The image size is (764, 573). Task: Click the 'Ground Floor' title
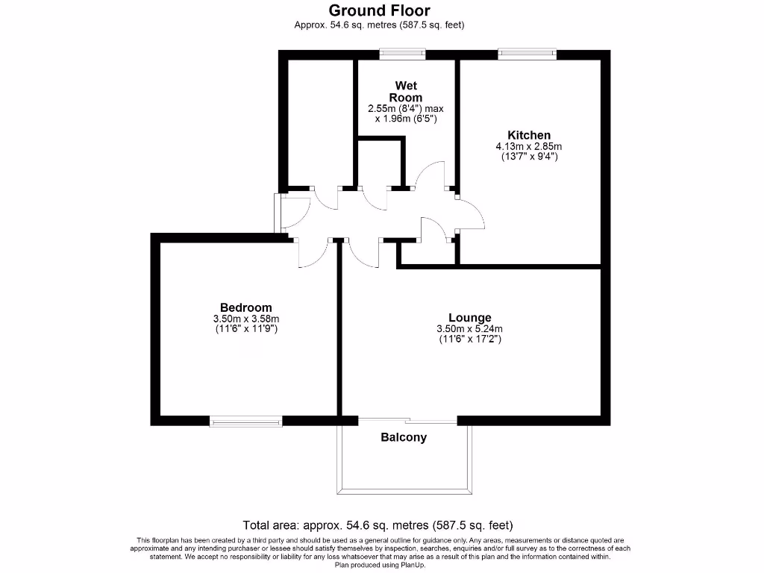[379, 10]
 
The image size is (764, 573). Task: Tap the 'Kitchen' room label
[529, 135]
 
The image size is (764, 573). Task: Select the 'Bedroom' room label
[245, 307]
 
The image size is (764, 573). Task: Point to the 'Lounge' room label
[469, 317]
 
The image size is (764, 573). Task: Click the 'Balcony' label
[404, 437]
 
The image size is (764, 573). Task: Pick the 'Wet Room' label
[405, 92]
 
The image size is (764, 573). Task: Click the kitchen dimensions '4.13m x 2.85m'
[529, 146]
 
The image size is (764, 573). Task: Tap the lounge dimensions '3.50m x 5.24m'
[469, 329]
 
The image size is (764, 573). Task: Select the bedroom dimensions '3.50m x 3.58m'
[245, 319]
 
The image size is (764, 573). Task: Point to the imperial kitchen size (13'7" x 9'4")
[529, 157]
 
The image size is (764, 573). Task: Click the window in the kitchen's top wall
[527, 54]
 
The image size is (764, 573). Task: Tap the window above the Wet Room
[402, 54]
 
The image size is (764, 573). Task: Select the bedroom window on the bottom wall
[245, 422]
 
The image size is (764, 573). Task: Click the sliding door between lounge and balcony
[407, 420]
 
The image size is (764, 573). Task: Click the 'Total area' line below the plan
[378, 525]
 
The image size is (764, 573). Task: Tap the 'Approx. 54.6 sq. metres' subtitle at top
[379, 25]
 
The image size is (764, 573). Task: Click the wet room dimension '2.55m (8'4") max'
[405, 108]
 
